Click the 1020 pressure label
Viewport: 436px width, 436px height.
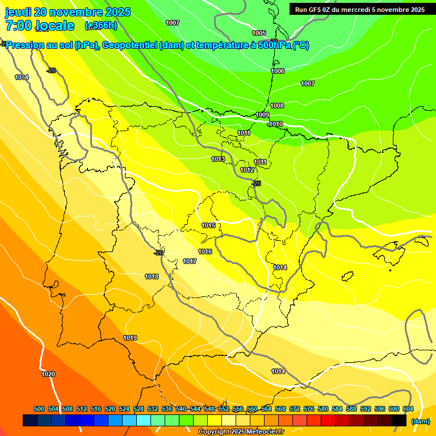(48, 374)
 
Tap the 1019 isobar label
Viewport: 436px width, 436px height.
(130, 338)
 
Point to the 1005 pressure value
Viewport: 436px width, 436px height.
(259, 33)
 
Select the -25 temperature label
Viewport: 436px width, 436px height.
(257, 183)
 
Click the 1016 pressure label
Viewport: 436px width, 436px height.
(205, 251)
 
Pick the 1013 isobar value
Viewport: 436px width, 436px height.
(218, 159)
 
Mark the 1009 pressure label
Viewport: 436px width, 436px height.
(262, 115)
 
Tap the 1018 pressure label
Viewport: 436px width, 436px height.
(152, 276)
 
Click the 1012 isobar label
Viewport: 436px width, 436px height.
(247, 170)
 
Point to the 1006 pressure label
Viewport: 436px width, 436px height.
(278, 71)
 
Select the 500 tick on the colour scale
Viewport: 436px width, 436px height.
(39, 409)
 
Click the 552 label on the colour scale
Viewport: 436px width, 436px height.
(224, 409)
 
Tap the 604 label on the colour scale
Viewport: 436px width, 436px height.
(408, 409)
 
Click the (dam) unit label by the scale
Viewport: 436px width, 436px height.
(420, 421)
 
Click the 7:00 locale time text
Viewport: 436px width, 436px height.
(40, 26)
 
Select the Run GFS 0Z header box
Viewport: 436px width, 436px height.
(360, 9)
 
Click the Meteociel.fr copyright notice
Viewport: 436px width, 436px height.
(240, 432)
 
